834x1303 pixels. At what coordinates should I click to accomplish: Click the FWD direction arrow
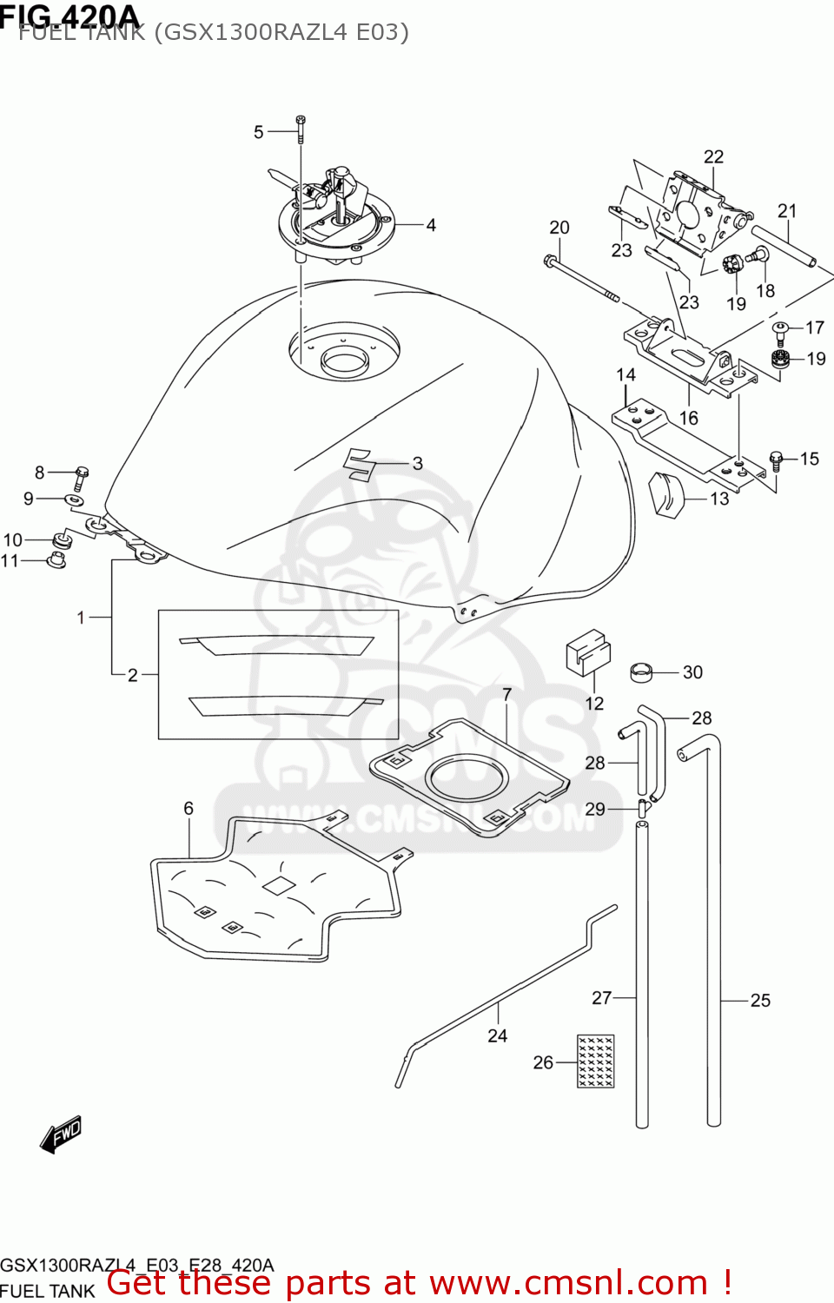coord(61,1134)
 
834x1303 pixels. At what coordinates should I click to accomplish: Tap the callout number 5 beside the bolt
coord(258,132)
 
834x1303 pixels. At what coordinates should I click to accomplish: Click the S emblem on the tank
coord(357,464)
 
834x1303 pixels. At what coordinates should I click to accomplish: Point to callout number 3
coord(418,464)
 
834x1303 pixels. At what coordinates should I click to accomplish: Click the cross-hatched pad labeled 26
coord(595,1061)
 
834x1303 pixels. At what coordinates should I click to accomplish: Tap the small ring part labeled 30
coord(641,671)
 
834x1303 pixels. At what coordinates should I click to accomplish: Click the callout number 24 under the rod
coord(497,1035)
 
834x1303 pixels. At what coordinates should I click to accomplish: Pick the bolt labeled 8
coord(81,476)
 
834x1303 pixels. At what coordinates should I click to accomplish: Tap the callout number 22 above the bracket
coord(713,156)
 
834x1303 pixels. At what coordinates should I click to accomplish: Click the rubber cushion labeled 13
coord(666,493)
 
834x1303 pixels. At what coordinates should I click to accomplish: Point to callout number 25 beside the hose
coord(760,1000)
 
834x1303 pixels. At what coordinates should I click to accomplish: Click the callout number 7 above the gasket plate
coord(507,694)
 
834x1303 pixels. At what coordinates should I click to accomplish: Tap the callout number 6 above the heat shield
coord(189,808)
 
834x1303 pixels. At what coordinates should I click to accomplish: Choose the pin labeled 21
coord(784,246)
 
